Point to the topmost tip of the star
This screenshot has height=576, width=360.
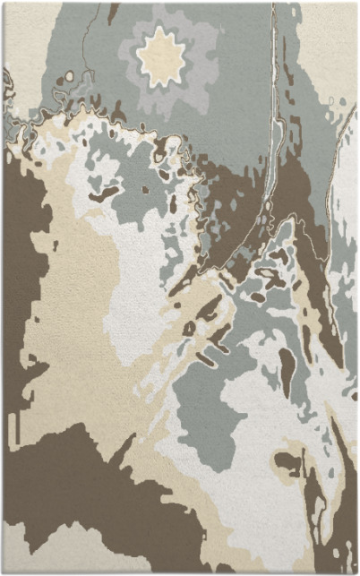(160, 27)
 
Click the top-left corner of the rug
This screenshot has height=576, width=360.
(3, 3)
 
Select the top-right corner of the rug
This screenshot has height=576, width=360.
(356, 3)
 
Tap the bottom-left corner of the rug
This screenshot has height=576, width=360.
(3, 572)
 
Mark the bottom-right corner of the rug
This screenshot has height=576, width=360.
(356, 572)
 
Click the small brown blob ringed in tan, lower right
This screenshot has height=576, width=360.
(288, 463)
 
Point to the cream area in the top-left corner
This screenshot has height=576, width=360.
(22, 36)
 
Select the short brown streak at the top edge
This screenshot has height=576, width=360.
(113, 12)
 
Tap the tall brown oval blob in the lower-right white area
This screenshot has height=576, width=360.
(287, 367)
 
